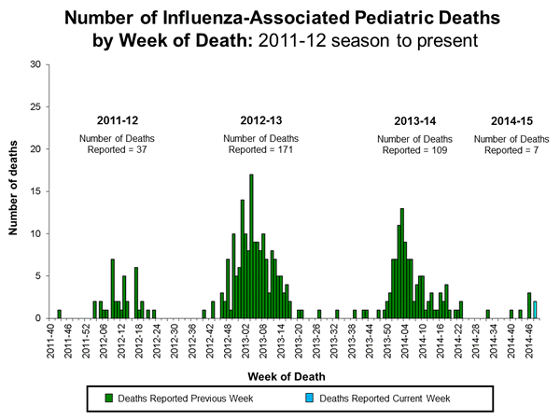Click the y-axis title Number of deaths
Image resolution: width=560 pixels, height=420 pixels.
click(x=15, y=191)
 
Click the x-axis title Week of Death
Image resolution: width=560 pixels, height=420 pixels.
click(x=279, y=376)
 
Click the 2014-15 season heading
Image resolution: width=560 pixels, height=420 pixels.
click(x=513, y=120)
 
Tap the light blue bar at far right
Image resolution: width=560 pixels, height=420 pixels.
click(x=535, y=309)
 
